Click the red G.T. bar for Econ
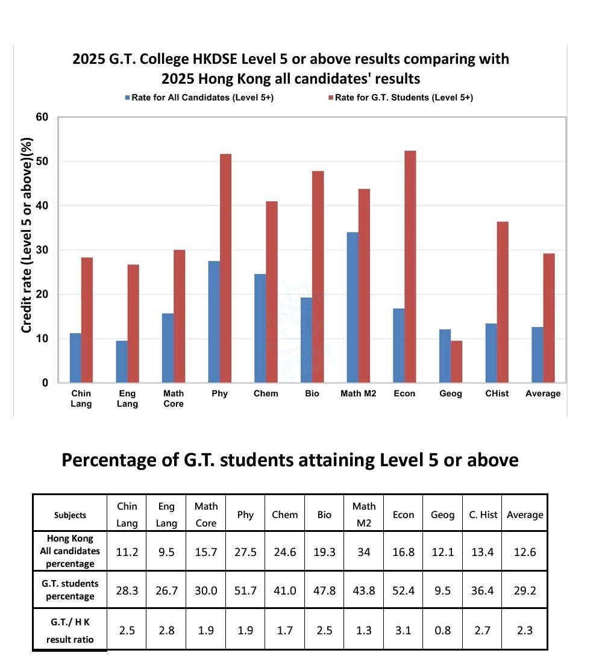tap(410, 266)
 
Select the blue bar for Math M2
tap(353, 307)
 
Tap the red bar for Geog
tap(457, 361)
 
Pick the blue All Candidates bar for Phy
tap(214, 322)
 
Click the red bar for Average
tap(549, 318)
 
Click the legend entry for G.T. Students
tap(400, 98)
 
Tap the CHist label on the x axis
tap(497, 393)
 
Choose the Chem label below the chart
tap(266, 393)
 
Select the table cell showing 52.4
tap(403, 590)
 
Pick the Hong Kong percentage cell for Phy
tap(245, 552)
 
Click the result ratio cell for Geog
tap(443, 630)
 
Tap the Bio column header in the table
tap(324, 514)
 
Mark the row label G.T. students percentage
tap(70, 590)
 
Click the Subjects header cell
tap(70, 515)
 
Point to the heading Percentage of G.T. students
tap(290, 460)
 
